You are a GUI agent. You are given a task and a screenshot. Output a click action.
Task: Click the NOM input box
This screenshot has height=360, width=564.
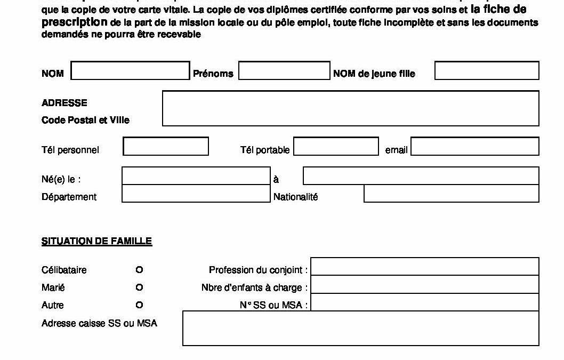tap(130, 71)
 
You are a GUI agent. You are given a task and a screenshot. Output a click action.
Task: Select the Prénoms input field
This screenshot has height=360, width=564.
tap(284, 71)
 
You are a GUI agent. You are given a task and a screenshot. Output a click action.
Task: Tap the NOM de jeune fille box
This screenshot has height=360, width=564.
tap(487, 71)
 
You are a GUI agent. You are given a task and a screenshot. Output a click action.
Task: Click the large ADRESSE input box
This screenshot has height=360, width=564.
tap(350, 108)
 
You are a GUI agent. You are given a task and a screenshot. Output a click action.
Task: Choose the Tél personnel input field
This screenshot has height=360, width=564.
tap(166, 147)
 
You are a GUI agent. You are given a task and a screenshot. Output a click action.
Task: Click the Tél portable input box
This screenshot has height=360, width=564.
tap(336, 147)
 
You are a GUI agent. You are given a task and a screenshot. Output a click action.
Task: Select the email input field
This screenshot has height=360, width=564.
tap(474, 147)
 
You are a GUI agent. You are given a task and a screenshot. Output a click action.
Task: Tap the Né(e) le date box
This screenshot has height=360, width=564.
tap(196, 176)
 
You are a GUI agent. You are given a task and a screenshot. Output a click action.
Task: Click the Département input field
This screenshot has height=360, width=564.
tap(196, 194)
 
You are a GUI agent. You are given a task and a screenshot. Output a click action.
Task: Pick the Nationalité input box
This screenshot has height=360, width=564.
tap(451, 194)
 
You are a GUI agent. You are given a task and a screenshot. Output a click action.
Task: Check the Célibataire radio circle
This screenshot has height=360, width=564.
tap(139, 270)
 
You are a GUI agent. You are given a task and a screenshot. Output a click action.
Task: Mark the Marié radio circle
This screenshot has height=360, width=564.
tap(139, 288)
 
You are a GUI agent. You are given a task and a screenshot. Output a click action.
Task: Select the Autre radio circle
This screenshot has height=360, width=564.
tap(139, 306)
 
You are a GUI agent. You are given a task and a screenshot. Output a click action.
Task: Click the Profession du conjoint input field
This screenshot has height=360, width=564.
tap(424, 267)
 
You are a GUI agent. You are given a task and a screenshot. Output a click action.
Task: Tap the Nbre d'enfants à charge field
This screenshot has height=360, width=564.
tap(424, 284)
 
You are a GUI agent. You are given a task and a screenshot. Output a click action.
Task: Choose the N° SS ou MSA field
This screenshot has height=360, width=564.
tap(424, 302)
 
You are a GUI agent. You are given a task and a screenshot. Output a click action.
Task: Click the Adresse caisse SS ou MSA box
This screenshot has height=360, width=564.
tap(360, 328)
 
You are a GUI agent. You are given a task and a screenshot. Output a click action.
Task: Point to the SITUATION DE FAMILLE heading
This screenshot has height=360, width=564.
tap(96, 242)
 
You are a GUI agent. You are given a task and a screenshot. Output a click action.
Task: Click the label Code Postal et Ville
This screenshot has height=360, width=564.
tap(85, 121)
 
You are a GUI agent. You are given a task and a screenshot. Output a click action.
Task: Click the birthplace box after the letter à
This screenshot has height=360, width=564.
tap(421, 176)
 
